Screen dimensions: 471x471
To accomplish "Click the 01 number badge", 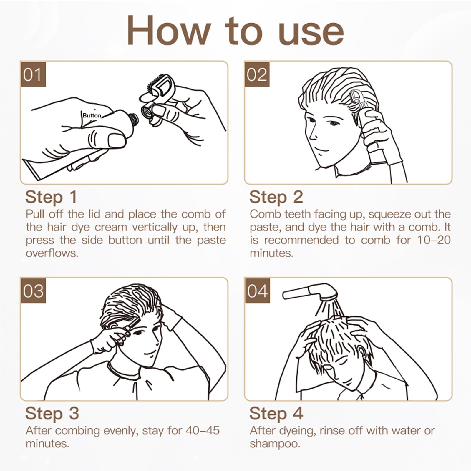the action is [33, 74].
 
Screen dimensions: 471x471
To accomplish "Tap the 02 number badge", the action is [257, 74].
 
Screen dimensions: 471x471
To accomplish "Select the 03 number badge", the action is [33, 291].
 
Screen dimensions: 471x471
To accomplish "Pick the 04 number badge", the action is [257, 291].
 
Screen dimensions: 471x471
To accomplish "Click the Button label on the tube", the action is [92, 116].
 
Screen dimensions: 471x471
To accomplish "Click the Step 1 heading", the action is [51, 197].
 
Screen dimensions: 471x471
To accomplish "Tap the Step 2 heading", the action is [276, 197].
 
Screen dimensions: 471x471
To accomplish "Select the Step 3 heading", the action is [52, 413].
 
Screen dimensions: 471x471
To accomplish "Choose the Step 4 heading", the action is [276, 413].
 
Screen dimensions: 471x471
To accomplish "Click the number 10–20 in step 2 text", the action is [434, 240].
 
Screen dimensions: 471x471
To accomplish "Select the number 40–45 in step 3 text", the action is [203, 430].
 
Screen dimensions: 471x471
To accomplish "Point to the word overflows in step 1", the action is [52, 253].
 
